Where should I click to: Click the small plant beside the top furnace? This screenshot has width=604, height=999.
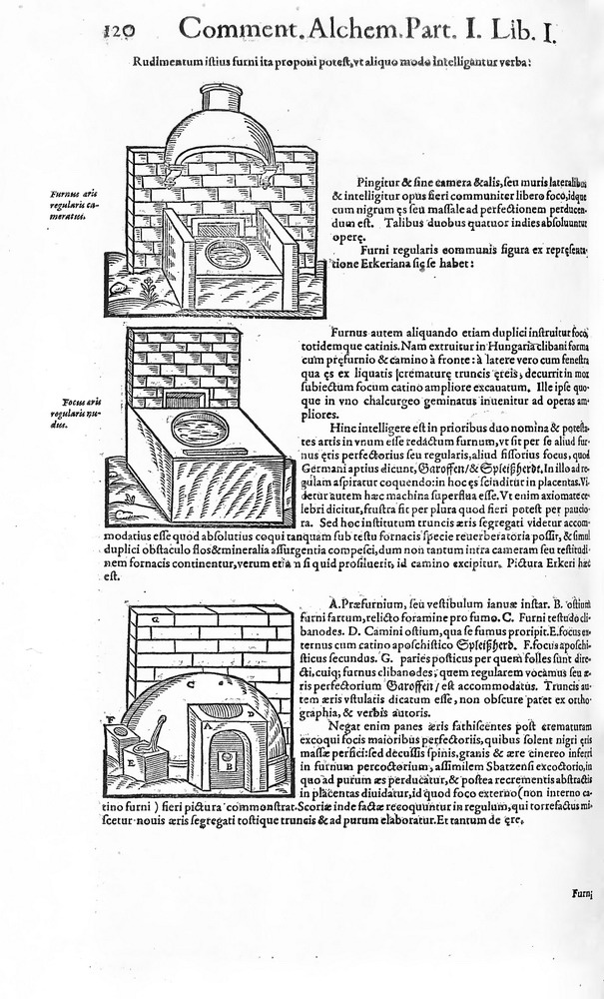(x=149, y=290)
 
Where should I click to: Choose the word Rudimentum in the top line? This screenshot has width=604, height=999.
(x=166, y=62)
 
